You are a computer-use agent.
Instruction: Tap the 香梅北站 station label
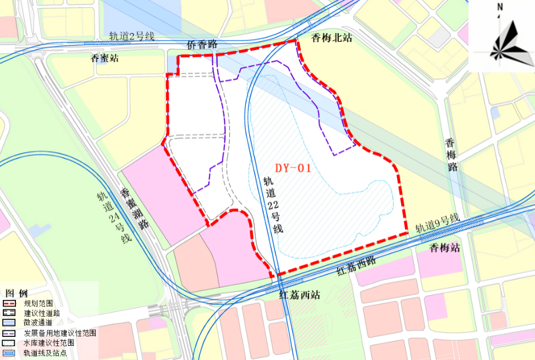click(332, 37)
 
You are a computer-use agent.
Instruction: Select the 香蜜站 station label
click(104, 58)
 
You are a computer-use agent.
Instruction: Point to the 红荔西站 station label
click(299, 295)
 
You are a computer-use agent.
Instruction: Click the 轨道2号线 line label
click(131, 37)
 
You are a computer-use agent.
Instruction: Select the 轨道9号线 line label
click(437, 224)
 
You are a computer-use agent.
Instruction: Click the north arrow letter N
click(500, 7)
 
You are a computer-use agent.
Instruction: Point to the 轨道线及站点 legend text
click(45, 353)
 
